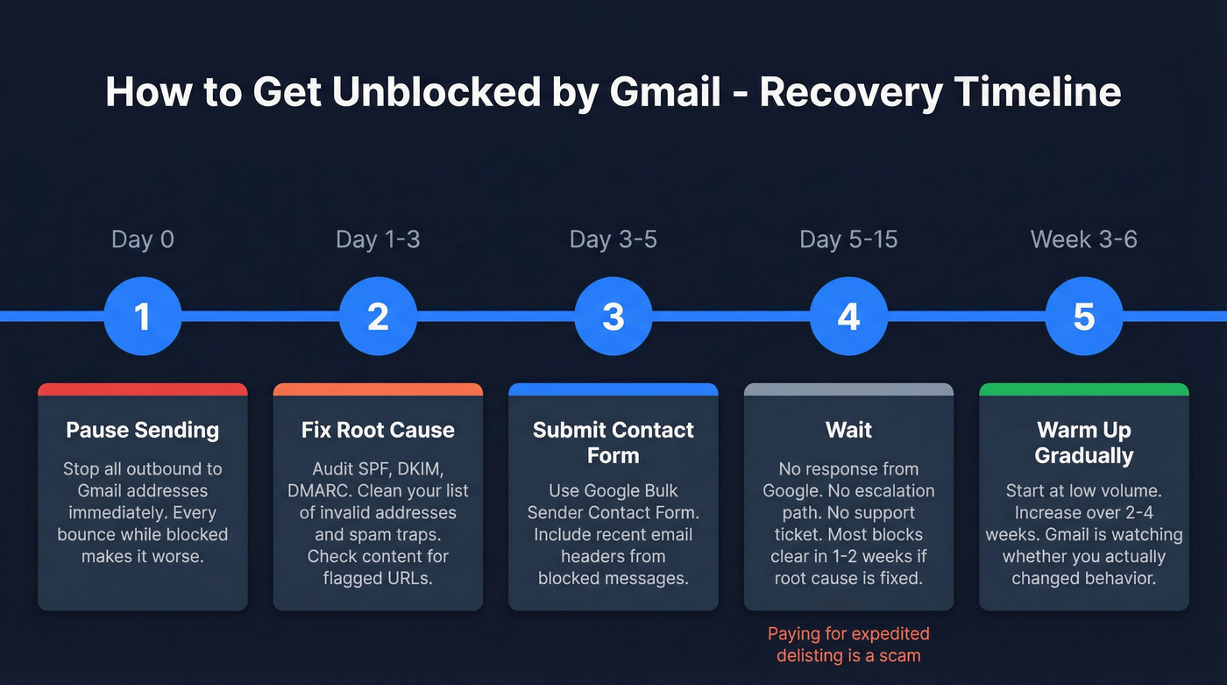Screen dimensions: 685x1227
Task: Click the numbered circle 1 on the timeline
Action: point(142,317)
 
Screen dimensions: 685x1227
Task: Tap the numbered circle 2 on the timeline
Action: point(378,317)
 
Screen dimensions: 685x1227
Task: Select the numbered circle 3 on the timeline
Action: point(613,317)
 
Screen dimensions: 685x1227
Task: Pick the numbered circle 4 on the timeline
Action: point(848,317)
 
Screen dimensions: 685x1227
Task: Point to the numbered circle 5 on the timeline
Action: point(1084,317)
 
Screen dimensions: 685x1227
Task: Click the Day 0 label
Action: point(142,239)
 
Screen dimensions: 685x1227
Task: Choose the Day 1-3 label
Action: point(378,239)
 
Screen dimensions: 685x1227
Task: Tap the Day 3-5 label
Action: point(613,239)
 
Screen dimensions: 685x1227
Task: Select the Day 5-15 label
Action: point(848,239)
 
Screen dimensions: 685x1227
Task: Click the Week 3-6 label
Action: point(1084,239)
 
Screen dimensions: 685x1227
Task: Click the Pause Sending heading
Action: point(142,430)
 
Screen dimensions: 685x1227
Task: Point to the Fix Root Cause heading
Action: point(378,430)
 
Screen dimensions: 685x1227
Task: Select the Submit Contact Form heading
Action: point(613,443)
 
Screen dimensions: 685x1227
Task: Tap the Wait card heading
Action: point(848,430)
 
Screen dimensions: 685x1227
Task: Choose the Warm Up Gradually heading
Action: point(1084,443)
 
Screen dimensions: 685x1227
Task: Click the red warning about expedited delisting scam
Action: point(848,645)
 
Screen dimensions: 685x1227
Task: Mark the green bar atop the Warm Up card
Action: point(1084,389)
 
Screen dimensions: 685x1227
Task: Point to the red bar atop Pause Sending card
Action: point(142,389)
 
